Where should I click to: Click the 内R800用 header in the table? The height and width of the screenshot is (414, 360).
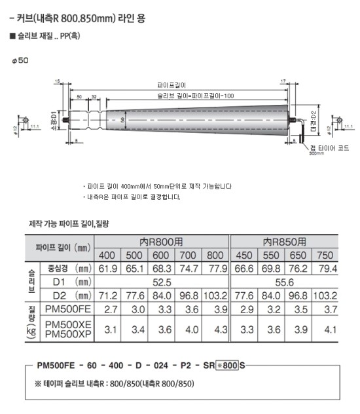click(163, 241)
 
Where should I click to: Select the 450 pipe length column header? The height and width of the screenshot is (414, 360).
click(244, 254)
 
